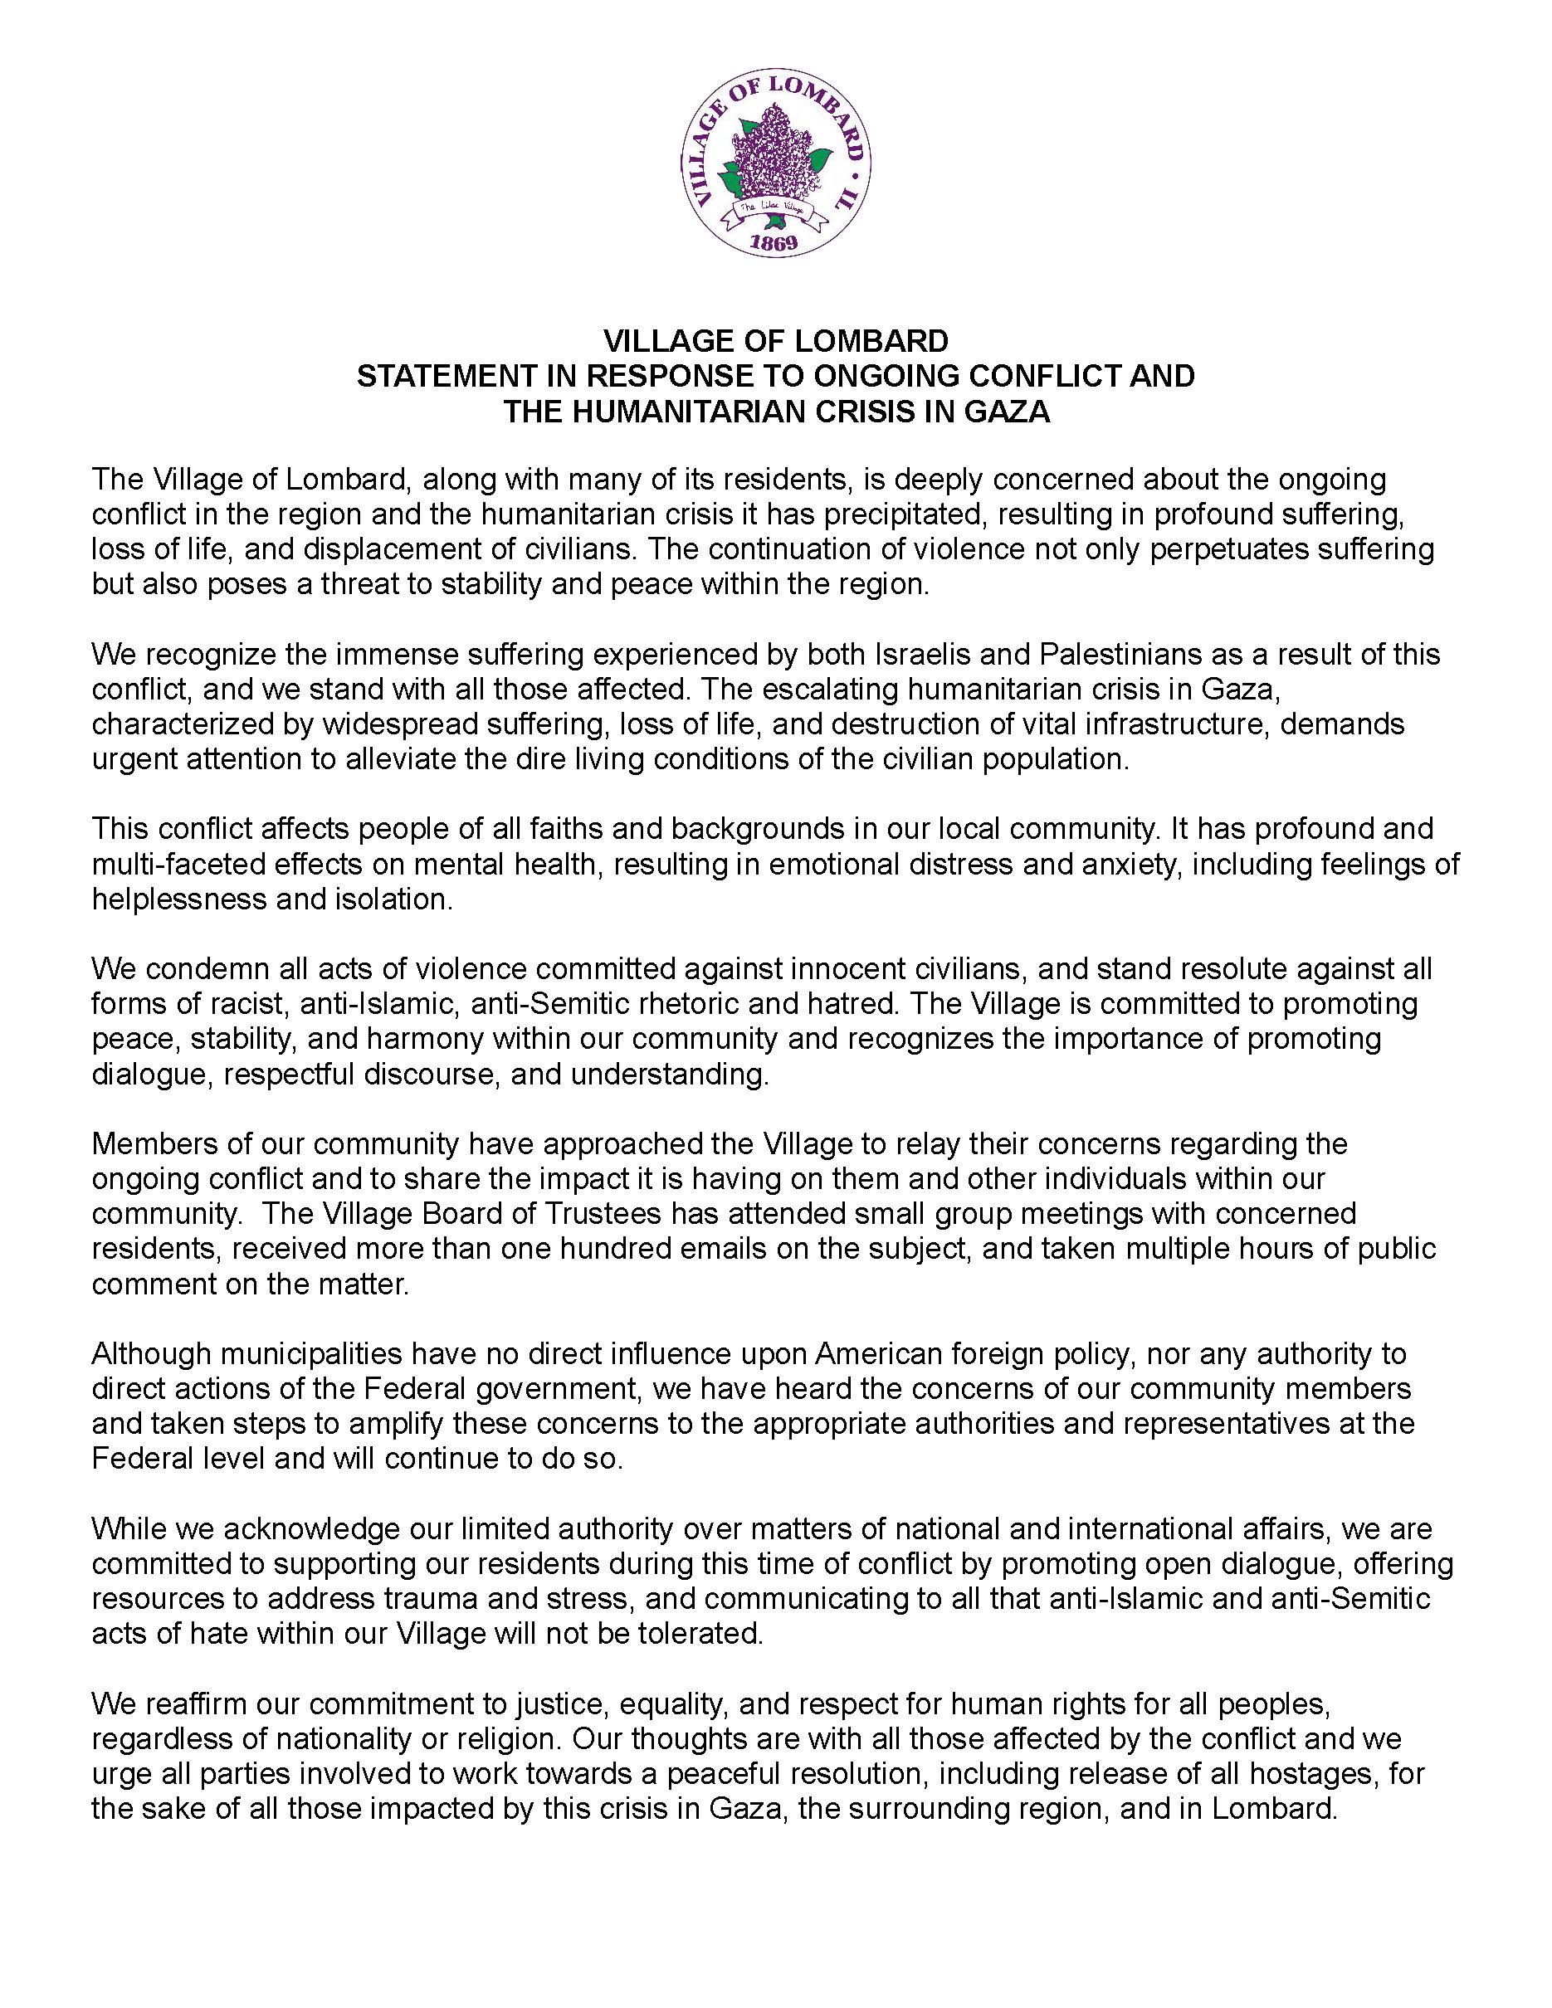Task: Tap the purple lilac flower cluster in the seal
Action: point(775,153)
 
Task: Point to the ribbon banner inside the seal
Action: point(774,212)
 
